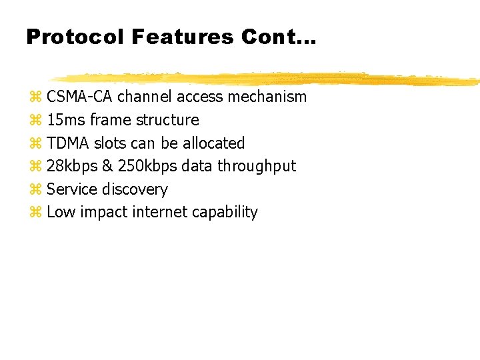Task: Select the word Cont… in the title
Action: click(279, 37)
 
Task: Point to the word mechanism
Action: click(267, 97)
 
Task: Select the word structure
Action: click(167, 120)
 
